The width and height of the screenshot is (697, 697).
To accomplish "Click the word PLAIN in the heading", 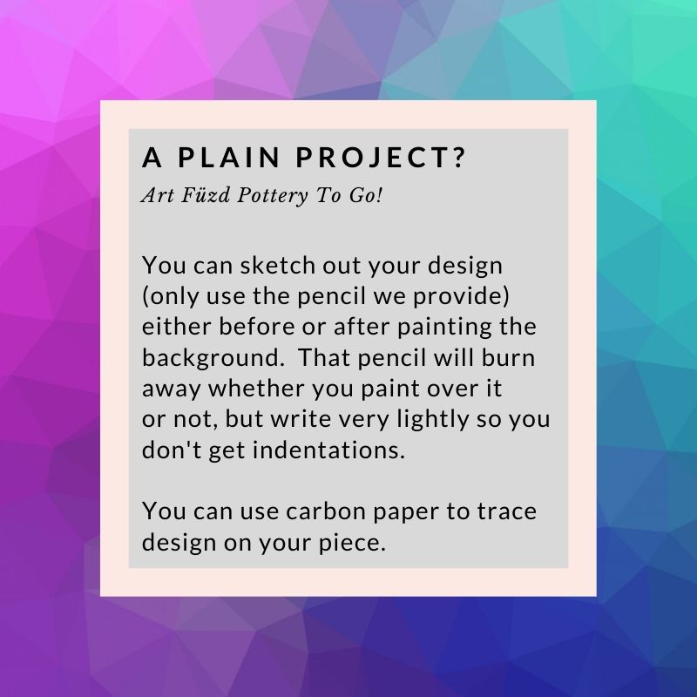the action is [x=228, y=157].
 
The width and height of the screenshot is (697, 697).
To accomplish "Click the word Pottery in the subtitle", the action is [x=273, y=196].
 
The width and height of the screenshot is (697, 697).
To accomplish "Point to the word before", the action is [x=256, y=327].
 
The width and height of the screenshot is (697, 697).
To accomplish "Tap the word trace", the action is [x=507, y=512].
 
